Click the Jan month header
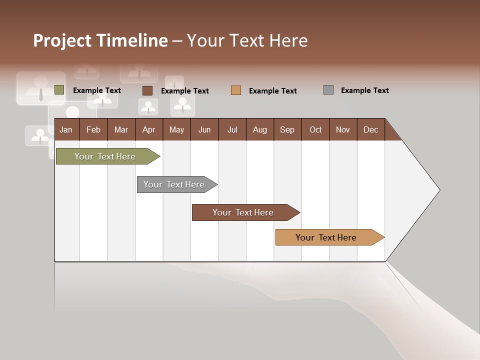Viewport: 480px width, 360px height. point(66,129)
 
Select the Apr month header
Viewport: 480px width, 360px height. point(148,129)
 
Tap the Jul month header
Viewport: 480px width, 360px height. point(232,129)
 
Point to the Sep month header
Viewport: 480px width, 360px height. point(287,129)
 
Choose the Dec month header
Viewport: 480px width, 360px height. point(370,129)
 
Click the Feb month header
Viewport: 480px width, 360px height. point(93,129)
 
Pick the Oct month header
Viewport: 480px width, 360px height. point(315,129)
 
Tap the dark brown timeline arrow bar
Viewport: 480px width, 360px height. point(243,212)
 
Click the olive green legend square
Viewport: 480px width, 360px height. point(59,90)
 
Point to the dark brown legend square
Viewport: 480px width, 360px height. point(147,90)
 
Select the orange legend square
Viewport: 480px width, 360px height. point(236,90)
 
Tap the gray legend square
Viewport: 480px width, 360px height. point(328,90)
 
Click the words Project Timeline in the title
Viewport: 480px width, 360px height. point(100,40)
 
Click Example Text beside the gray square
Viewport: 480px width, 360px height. point(364,90)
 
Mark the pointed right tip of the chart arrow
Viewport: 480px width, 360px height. point(438,190)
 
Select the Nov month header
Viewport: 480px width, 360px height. point(343,129)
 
